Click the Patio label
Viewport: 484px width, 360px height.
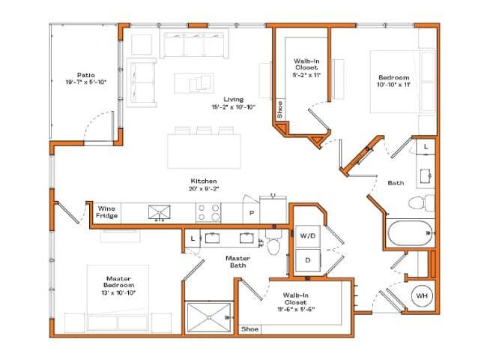coord(85,75)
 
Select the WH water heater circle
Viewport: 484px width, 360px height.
coord(421,295)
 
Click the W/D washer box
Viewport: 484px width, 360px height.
coord(308,236)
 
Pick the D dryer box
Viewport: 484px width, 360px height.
coord(308,259)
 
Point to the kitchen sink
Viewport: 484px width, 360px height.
coord(159,213)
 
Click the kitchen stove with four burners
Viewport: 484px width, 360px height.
coord(208,213)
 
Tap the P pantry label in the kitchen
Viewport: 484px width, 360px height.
coord(251,213)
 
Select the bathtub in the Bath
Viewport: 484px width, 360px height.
coord(409,232)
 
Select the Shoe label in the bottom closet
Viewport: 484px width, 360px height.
coord(249,328)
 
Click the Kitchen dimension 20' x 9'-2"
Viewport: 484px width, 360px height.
coord(204,189)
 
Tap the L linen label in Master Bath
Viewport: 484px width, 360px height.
coord(193,238)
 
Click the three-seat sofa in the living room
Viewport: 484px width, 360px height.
coord(193,45)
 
